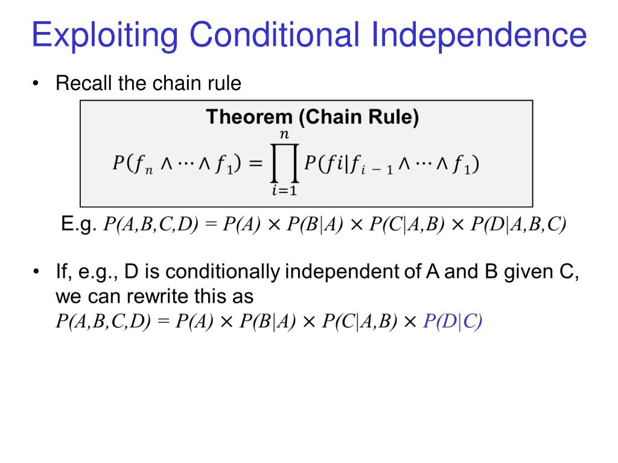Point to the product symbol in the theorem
pyautogui.click(x=284, y=163)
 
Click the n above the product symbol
pyautogui.click(x=284, y=136)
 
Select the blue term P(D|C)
pyautogui.click(x=453, y=321)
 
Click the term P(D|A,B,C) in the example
pyautogui.click(x=518, y=225)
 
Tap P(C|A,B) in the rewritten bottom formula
pyautogui.click(x=359, y=321)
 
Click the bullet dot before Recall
pyautogui.click(x=37, y=84)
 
